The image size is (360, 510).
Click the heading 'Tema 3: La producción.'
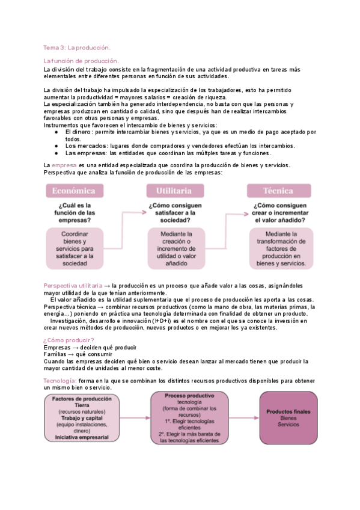[77, 47]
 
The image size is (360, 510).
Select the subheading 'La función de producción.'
[81, 61]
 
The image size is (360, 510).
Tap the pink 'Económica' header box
[73, 191]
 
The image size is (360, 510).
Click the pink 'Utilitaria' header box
[174, 191]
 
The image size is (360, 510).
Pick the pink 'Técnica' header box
[277, 191]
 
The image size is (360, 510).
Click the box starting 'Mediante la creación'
[174, 248]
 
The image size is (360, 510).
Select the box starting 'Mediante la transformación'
[277, 248]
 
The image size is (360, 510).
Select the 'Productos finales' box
[288, 419]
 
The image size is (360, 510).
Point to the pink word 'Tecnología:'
[60, 381]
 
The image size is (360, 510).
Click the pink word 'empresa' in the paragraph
[64, 165]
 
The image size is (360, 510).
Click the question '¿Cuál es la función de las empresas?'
[73, 212]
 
